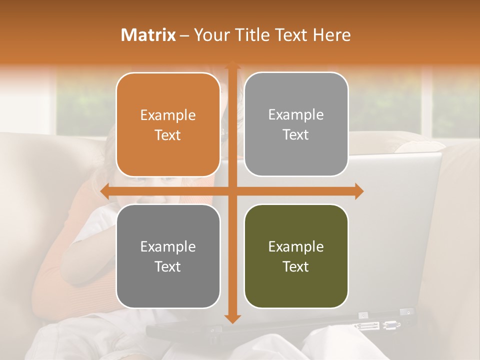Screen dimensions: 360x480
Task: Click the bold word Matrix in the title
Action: point(148,35)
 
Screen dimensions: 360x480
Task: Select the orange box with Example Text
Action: point(168,125)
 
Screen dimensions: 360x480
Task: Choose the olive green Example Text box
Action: point(296,256)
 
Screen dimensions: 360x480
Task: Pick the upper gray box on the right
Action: point(296,124)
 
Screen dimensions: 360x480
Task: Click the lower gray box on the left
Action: point(168,256)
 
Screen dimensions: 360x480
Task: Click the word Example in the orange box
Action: point(168,115)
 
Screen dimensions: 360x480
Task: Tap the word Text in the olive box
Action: point(296,266)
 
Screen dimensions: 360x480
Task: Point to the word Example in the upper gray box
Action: point(296,115)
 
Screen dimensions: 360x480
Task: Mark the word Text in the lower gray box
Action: point(168,266)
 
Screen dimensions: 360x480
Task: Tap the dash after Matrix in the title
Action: point(184,35)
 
